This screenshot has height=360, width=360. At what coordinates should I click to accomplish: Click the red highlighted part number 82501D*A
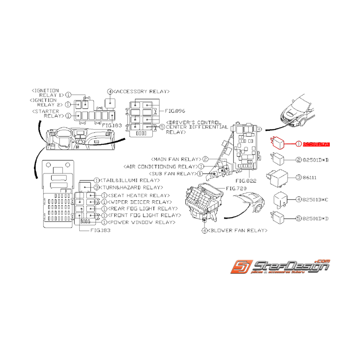[x=316, y=144]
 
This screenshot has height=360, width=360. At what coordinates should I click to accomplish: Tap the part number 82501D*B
[x=316, y=160]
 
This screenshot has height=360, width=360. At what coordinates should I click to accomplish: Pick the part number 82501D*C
[x=316, y=200]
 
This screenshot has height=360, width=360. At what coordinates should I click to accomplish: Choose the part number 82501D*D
[x=316, y=218]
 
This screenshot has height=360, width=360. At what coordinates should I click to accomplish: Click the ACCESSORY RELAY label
[x=141, y=92]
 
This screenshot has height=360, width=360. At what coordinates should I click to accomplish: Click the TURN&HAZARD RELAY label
[x=129, y=188]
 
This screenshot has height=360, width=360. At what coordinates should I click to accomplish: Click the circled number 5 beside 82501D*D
[x=298, y=218]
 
